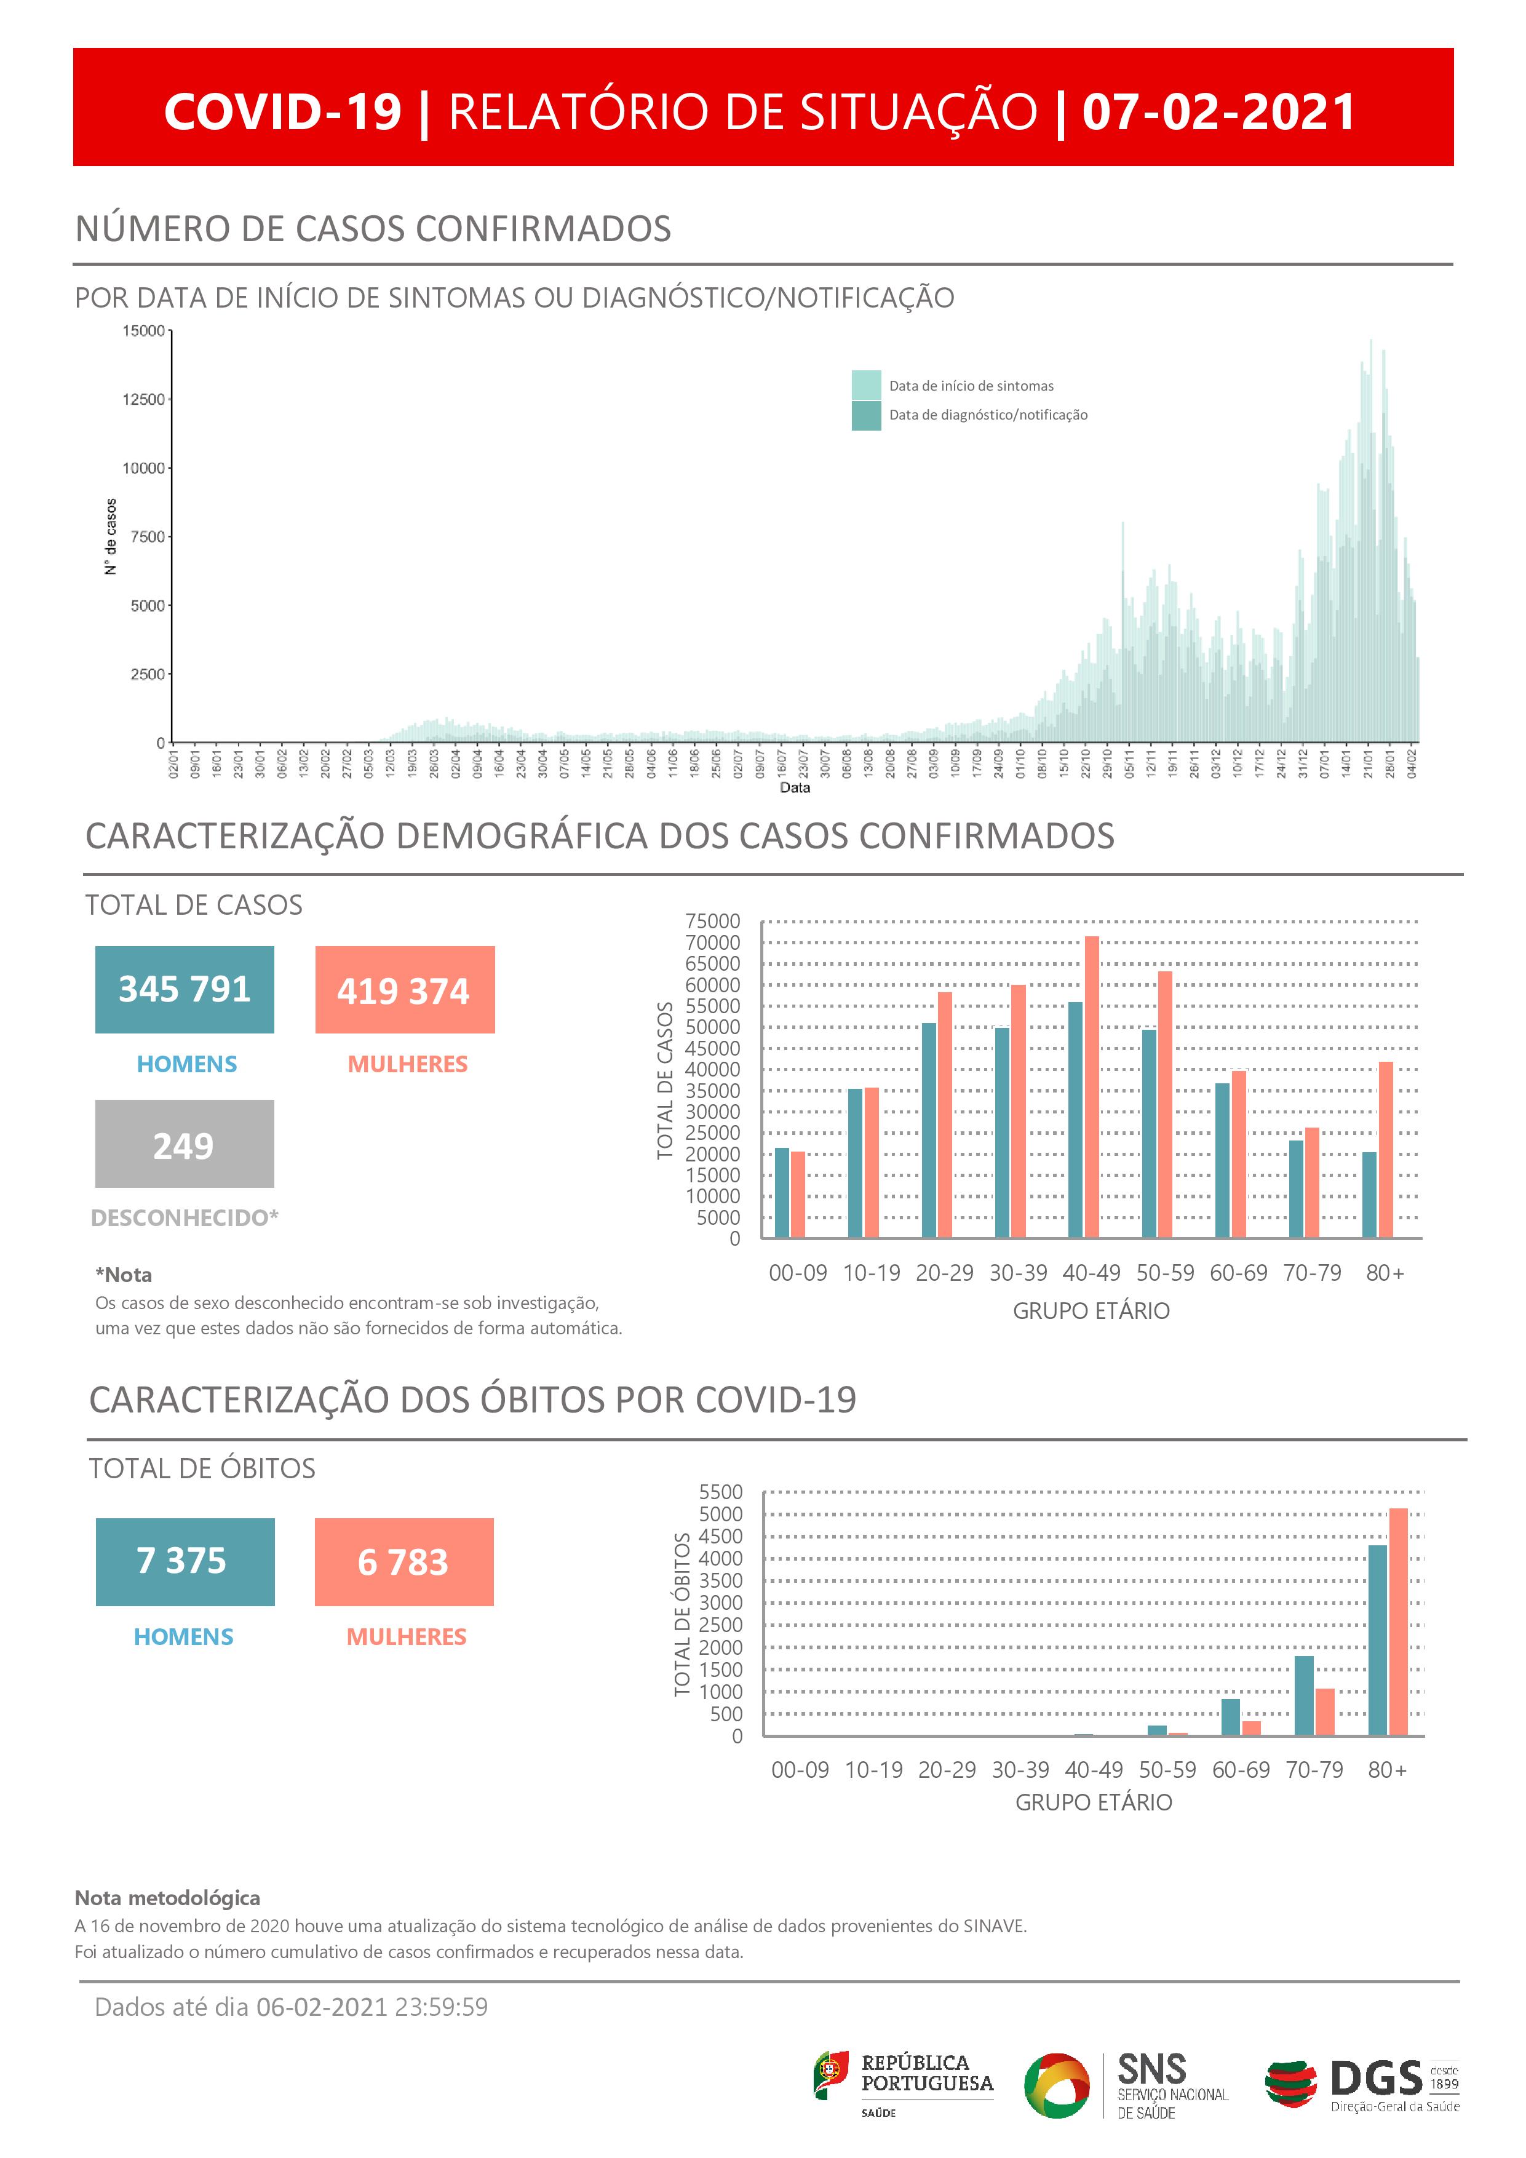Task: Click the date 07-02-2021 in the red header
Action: [x=1218, y=112]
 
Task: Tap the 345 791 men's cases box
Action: [x=184, y=990]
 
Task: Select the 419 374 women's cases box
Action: [x=404, y=990]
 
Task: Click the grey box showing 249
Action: [x=184, y=1144]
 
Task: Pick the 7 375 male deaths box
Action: [x=185, y=1561]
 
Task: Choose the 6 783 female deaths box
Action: [x=404, y=1561]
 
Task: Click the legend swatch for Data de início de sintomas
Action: [x=865, y=385]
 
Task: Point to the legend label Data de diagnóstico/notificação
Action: [x=988, y=415]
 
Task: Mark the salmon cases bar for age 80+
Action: [x=1385, y=1150]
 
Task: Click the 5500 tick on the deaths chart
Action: [x=721, y=1492]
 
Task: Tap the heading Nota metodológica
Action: [x=167, y=1898]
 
